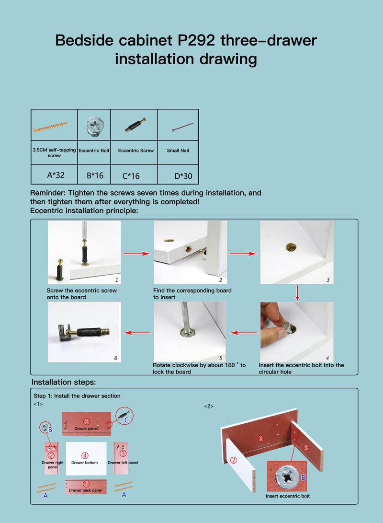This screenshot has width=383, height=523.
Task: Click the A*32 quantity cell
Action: click(56, 175)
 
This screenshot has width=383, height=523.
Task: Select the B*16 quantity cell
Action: click(95, 175)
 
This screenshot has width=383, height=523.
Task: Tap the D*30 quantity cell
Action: click(183, 176)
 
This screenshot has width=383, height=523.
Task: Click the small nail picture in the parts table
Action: click(182, 127)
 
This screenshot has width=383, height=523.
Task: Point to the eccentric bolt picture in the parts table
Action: click(94, 127)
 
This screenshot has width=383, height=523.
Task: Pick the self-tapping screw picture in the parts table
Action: click(54, 127)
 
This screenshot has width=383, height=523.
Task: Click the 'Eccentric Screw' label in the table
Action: click(136, 151)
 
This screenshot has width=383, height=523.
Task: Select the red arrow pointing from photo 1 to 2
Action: click(136, 254)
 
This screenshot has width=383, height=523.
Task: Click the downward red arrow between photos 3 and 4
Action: click(297, 293)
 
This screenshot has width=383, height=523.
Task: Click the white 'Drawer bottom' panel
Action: click(86, 458)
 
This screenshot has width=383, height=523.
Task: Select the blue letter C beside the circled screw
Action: click(126, 420)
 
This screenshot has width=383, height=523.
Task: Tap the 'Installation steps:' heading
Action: click(64, 382)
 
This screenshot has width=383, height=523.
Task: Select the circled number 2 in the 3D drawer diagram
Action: click(234, 460)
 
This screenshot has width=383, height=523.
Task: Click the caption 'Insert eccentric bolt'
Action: click(287, 496)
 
